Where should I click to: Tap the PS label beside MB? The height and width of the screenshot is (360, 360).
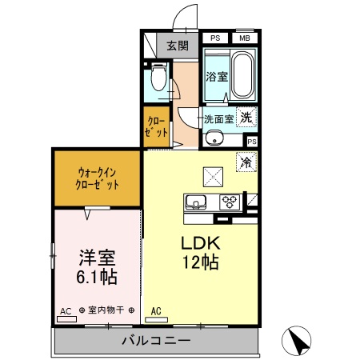pos(214,38)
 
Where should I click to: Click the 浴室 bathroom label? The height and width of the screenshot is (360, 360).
pos(217,78)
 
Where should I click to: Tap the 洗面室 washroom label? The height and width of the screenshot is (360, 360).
pos(218,119)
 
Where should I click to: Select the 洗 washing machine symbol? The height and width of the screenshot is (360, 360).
pos(248,116)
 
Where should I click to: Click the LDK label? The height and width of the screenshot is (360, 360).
pos(203,242)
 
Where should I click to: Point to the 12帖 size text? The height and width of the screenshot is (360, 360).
pos(203,262)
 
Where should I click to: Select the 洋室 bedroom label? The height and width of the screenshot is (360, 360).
pos(97,258)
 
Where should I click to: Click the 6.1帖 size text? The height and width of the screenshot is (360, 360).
pos(97,278)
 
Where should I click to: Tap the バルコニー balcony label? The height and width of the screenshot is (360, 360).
pos(157,341)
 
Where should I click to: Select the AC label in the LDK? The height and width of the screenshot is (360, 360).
pos(156,311)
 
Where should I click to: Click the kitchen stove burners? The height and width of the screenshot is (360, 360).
pos(230,201)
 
